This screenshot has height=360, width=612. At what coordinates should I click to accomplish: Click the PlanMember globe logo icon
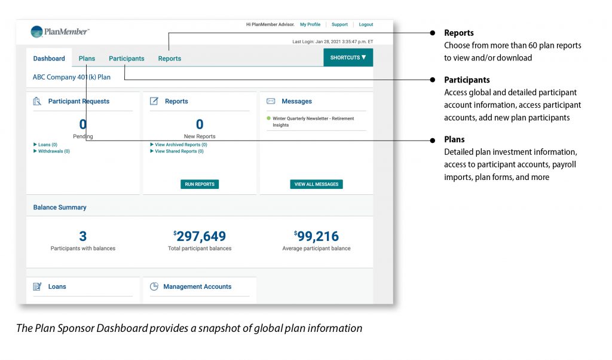pyautogui.click(x=37, y=32)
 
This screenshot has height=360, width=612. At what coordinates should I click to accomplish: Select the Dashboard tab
pyautogui.click(x=49, y=59)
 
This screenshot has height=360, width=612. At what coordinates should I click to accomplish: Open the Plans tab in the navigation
pyautogui.click(x=87, y=59)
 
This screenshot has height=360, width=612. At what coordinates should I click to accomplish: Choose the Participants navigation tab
pyautogui.click(x=126, y=59)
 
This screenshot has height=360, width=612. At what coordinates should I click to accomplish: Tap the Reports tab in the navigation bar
pyautogui.click(x=169, y=59)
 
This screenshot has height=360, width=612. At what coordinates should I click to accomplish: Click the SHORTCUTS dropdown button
pyautogui.click(x=348, y=57)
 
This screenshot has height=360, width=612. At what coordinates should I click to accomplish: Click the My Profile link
pyautogui.click(x=310, y=25)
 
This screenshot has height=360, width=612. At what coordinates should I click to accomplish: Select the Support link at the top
pyautogui.click(x=339, y=25)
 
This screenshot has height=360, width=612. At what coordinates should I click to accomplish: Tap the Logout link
pyautogui.click(x=366, y=25)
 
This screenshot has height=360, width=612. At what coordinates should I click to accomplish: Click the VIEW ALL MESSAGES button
pyautogui.click(x=316, y=184)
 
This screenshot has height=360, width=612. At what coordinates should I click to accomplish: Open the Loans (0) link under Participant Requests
pyautogui.click(x=47, y=145)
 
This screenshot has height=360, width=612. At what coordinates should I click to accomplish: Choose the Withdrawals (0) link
pyautogui.click(x=53, y=151)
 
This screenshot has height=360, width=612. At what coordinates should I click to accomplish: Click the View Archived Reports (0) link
pyautogui.click(x=180, y=145)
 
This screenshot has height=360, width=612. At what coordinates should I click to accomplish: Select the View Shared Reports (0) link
pyautogui.click(x=178, y=151)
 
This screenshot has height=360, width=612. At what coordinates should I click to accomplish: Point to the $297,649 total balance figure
pyautogui.click(x=200, y=236)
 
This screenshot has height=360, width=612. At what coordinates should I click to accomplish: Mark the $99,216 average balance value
pyautogui.click(x=316, y=236)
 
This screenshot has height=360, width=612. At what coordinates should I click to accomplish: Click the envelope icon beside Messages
pyautogui.click(x=271, y=101)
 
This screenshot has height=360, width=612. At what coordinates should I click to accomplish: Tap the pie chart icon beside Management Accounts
pyautogui.click(x=154, y=286)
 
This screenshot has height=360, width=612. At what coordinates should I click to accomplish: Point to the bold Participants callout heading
pyautogui.click(x=467, y=80)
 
